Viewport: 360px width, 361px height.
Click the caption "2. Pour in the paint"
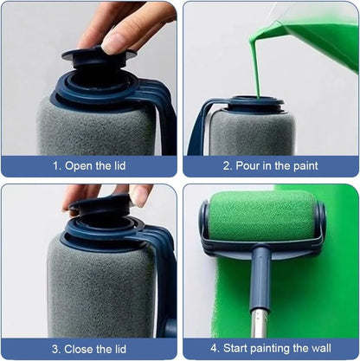pyautogui.click(x=270, y=165)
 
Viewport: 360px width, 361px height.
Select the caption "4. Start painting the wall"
pyautogui.click(x=270, y=349)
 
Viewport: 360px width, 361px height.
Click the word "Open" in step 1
pyautogui.click(x=77, y=165)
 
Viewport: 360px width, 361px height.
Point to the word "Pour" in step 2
pyautogui.click(x=248, y=165)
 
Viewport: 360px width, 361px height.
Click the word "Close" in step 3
pyautogui.click(x=78, y=349)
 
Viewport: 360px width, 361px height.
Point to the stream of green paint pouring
pyautogui.click(x=257, y=61)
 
